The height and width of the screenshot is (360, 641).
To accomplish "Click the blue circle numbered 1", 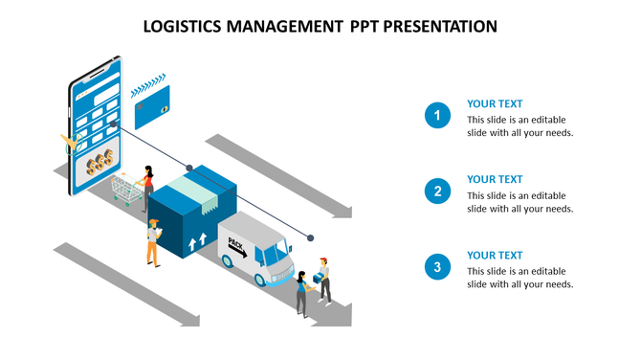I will (437, 117).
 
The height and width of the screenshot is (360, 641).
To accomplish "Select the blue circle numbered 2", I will (437, 191).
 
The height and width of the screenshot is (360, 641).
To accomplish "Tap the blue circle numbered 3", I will (437, 267).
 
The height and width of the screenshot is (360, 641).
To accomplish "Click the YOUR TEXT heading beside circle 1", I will (495, 103).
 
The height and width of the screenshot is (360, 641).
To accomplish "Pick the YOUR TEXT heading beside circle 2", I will (495, 179).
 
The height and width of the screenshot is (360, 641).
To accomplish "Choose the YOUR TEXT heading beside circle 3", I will (495, 255).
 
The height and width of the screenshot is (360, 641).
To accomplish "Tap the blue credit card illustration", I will (152, 106).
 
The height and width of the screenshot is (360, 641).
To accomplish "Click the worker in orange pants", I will (152, 241).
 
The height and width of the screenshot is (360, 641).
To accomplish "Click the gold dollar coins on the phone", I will (99, 163).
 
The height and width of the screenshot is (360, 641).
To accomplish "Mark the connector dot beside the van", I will (311, 236).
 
